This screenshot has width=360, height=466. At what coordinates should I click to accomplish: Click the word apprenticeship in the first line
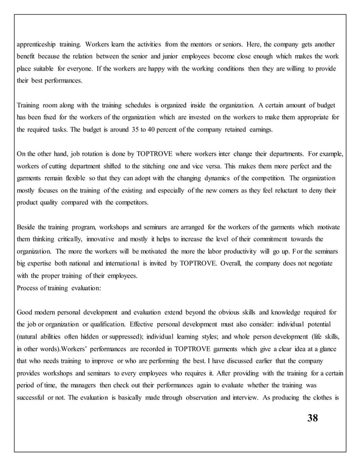point(37,43)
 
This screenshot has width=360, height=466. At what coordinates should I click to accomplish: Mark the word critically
point(69,240)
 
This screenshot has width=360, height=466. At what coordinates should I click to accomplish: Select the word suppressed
point(118,337)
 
